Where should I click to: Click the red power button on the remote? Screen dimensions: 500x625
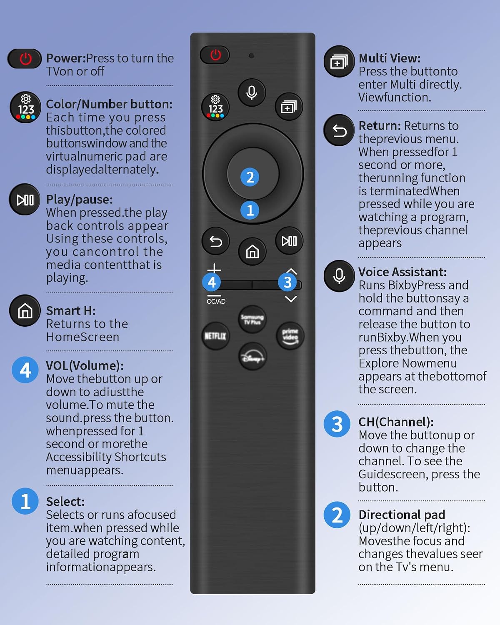(215, 55)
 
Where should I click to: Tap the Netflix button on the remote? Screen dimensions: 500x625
(215, 336)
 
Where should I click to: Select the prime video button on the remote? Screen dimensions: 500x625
(290, 336)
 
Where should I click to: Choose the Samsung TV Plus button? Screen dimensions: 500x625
(252, 319)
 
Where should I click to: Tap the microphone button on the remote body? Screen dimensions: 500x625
(252, 93)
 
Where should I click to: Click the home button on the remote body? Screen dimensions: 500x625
(252, 252)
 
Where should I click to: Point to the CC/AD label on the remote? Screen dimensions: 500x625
(216, 302)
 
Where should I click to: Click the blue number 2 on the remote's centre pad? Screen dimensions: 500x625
(250, 177)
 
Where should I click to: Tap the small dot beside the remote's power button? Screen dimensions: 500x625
(252, 55)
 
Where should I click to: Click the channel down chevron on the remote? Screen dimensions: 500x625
(291, 299)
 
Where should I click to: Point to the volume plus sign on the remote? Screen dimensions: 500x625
(214, 269)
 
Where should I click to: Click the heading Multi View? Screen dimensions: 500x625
(390, 58)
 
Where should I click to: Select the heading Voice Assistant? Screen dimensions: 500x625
(402, 272)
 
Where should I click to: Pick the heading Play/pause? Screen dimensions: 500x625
(80, 200)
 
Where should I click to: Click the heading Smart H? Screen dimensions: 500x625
(71, 311)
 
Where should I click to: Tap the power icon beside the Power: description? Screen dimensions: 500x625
(25, 59)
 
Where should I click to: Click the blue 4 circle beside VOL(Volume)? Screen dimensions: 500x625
(25, 370)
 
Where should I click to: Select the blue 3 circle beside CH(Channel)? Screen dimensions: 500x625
(337, 424)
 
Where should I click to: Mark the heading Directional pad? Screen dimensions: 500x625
(402, 515)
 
